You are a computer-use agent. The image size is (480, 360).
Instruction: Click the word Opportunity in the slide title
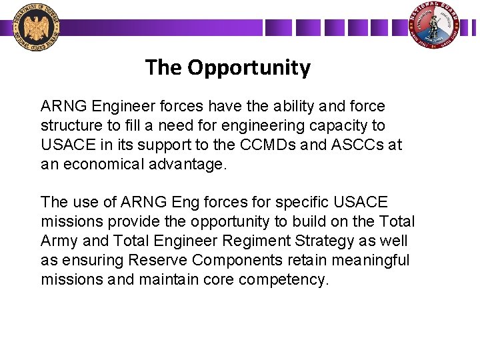249,67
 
